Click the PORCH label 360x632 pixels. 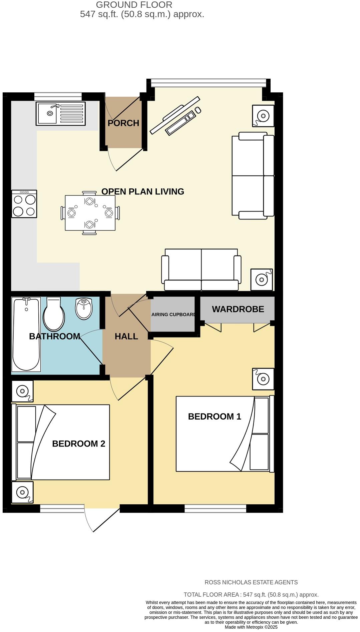point(123,123)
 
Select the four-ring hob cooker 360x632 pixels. point(24,204)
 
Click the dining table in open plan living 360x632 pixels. point(90,213)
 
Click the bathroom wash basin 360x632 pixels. point(83,308)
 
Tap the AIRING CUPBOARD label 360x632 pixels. point(173,314)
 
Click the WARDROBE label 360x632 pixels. point(238,309)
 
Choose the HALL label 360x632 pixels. point(126,336)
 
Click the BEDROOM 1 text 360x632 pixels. point(215,416)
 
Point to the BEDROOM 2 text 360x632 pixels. point(78,444)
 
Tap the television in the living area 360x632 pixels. point(174,115)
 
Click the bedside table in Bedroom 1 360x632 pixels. point(263,379)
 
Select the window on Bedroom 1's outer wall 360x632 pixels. point(215,508)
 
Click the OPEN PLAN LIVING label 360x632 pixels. point(142,191)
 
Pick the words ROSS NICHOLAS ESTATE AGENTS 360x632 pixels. point(251,582)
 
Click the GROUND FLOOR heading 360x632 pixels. point(134,5)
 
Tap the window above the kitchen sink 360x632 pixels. point(58,96)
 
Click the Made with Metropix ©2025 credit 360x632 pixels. point(251,627)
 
